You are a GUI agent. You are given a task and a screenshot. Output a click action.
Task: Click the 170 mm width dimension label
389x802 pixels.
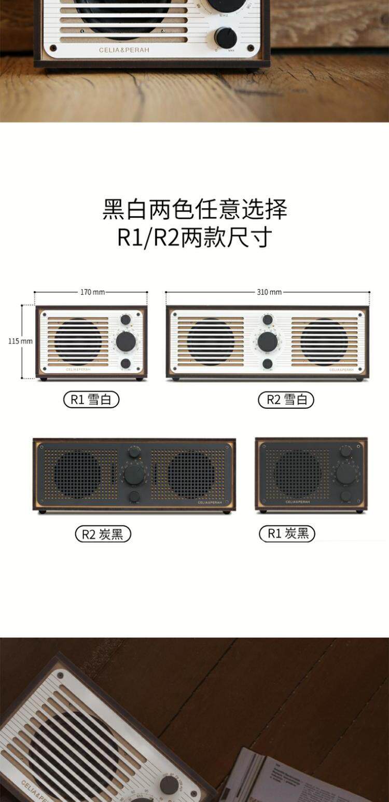pos(92,292)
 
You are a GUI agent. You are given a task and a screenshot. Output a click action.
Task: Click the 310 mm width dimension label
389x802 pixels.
pos(269,292)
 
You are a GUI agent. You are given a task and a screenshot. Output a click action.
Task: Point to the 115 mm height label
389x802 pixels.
pos(20,341)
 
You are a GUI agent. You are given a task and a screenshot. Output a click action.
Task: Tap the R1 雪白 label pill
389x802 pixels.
pos(91,399)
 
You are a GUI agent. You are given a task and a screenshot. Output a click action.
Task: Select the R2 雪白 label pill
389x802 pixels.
pos(286,399)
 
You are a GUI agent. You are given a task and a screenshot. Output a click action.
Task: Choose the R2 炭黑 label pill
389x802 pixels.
pos(103,534)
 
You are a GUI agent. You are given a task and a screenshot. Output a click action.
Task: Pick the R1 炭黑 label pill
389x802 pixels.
pos(287,533)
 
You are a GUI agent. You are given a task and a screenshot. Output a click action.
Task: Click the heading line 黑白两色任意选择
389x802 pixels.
pos(195,210)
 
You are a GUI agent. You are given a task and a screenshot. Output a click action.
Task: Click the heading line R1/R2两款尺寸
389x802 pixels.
pos(195,238)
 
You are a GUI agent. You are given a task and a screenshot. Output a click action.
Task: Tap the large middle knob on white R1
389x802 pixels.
pos(126,341)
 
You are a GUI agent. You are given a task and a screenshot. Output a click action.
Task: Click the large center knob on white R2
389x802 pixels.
pos(268,341)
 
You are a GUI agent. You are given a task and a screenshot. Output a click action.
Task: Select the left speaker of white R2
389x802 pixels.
pos(211,342)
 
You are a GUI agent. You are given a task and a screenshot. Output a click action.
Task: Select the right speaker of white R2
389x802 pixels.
pos(324,342)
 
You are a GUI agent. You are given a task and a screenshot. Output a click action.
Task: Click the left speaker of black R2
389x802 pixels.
pos(78,474)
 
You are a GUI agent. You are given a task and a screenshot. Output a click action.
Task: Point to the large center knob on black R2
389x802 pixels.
pos(134,474)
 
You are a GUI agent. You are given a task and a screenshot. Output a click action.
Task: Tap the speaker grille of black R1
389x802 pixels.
pos(297,474)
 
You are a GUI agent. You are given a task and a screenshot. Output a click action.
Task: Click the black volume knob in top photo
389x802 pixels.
pos(226,38)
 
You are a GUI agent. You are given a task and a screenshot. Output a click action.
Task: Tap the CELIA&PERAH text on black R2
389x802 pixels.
pos(210,502)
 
